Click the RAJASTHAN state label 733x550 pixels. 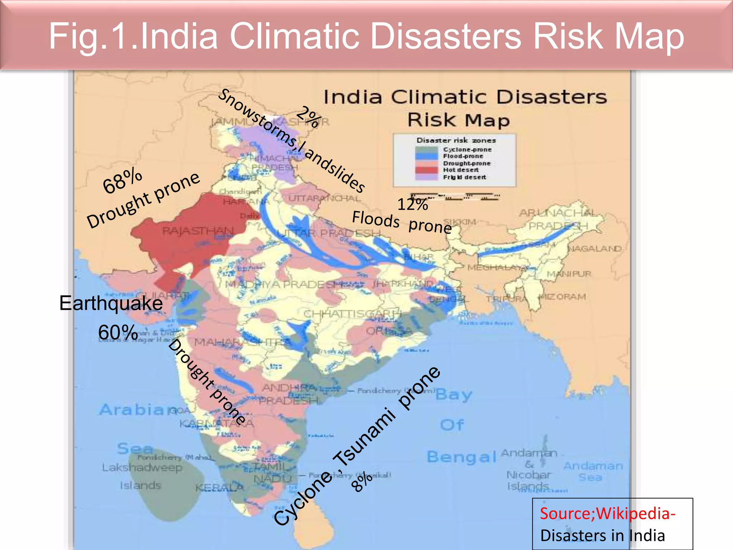pos(198,231)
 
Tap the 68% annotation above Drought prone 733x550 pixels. pos(122,181)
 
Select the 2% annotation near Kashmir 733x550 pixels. pos(308,117)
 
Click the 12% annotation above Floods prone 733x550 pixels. pos(413,204)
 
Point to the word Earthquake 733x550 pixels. pos(111,303)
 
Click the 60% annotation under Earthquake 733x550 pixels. pos(118,332)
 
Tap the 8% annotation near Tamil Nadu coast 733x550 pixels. pos(362,482)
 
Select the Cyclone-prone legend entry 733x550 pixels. pos(467,150)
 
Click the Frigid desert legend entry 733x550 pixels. pos(464,177)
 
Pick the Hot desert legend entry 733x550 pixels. pos(461,170)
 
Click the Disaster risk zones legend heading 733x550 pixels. pos(456,140)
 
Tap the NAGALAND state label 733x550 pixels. pos(594,249)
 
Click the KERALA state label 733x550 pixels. pos(219,488)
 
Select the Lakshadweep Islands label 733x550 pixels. pos(142,476)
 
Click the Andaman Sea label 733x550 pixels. pos(593,471)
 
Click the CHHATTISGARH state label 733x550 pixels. pos(351,314)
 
